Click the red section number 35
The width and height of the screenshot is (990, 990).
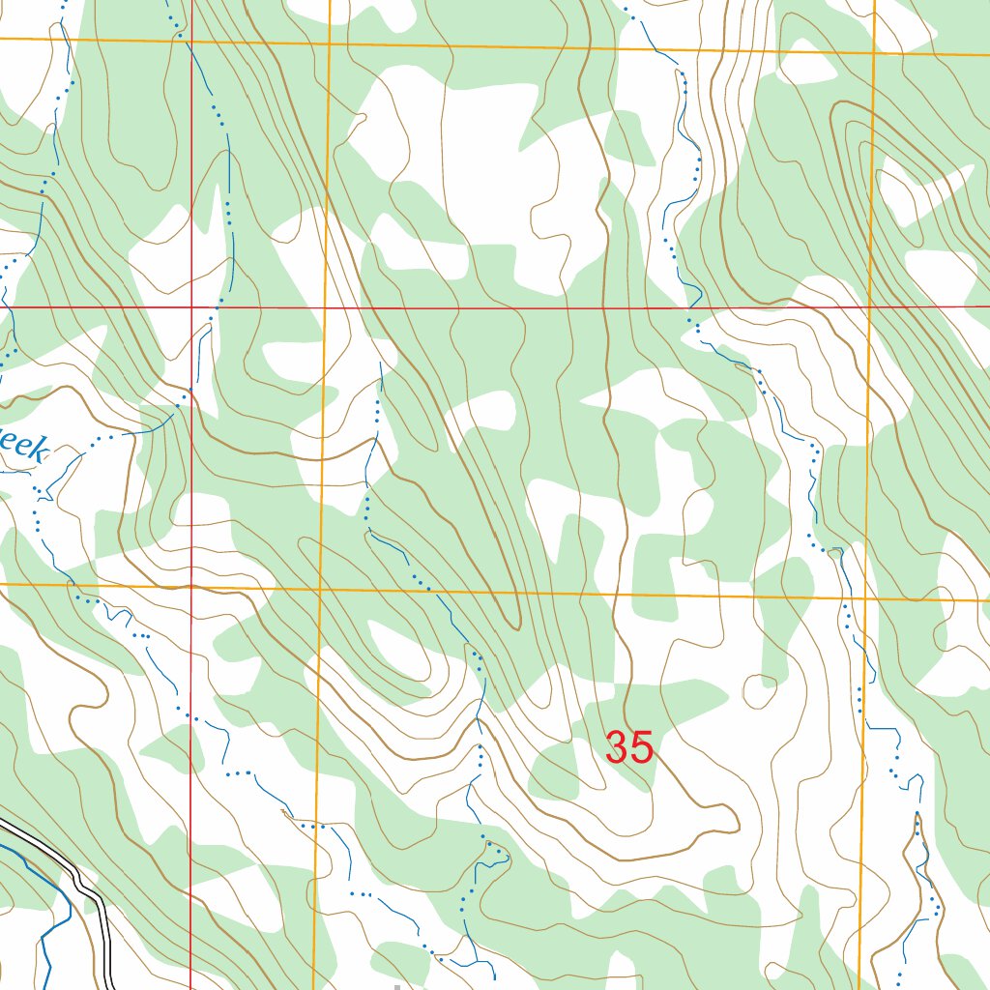pyautogui.click(x=629, y=747)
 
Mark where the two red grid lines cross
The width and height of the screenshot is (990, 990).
pyautogui.click(x=191, y=307)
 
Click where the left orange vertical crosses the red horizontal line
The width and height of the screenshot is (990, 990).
pyautogui.click(x=326, y=307)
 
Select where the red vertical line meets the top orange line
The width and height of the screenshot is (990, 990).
pyautogui.click(x=191, y=42)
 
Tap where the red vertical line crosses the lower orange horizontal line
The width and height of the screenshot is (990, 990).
pyautogui.click(x=191, y=586)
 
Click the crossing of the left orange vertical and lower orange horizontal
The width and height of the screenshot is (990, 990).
pyautogui.click(x=321, y=588)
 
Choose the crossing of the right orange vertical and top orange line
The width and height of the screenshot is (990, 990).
pyautogui.click(x=874, y=52)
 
